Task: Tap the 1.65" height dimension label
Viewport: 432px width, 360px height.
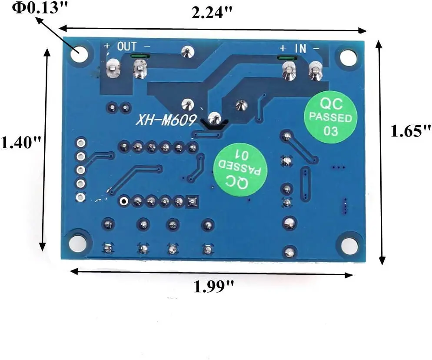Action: [410, 131]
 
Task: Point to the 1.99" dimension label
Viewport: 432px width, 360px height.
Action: [214, 287]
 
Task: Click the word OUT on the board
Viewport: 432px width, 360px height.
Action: [126, 46]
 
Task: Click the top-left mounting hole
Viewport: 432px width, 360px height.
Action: [80, 54]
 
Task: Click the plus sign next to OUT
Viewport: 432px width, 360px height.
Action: [107, 45]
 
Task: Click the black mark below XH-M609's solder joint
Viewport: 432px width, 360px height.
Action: [213, 126]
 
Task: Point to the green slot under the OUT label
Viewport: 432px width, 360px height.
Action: [140, 56]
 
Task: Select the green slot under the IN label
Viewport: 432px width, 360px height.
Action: [285, 58]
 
